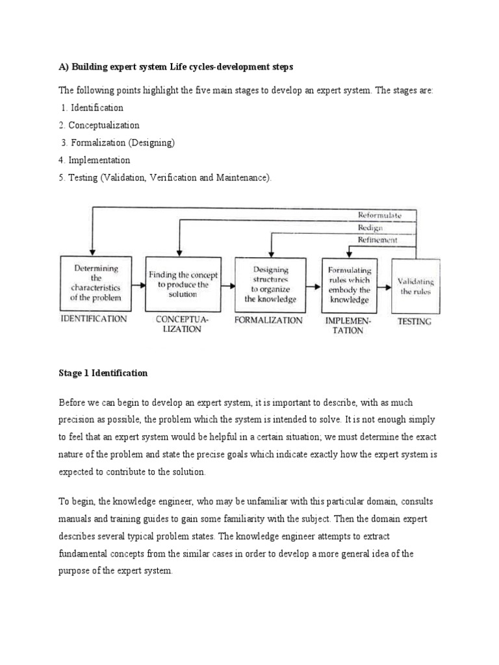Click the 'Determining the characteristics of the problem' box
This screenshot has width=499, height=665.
[x=96, y=283]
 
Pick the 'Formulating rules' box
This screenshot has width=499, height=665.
[x=349, y=284]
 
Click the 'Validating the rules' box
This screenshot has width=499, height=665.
[x=415, y=286]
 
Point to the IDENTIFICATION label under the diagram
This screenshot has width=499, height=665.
[x=94, y=319]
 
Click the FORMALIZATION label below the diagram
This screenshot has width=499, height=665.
[x=268, y=320]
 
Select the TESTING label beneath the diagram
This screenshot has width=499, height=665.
[x=414, y=321]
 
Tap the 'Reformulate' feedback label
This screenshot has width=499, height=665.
[x=379, y=215]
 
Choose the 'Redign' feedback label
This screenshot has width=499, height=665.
[x=370, y=227]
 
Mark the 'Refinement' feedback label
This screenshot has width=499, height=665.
[x=377, y=240]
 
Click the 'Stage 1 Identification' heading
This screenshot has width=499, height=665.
[x=103, y=373]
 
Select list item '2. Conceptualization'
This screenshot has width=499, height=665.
[x=99, y=125]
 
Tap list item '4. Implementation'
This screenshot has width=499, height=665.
[x=94, y=160]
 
